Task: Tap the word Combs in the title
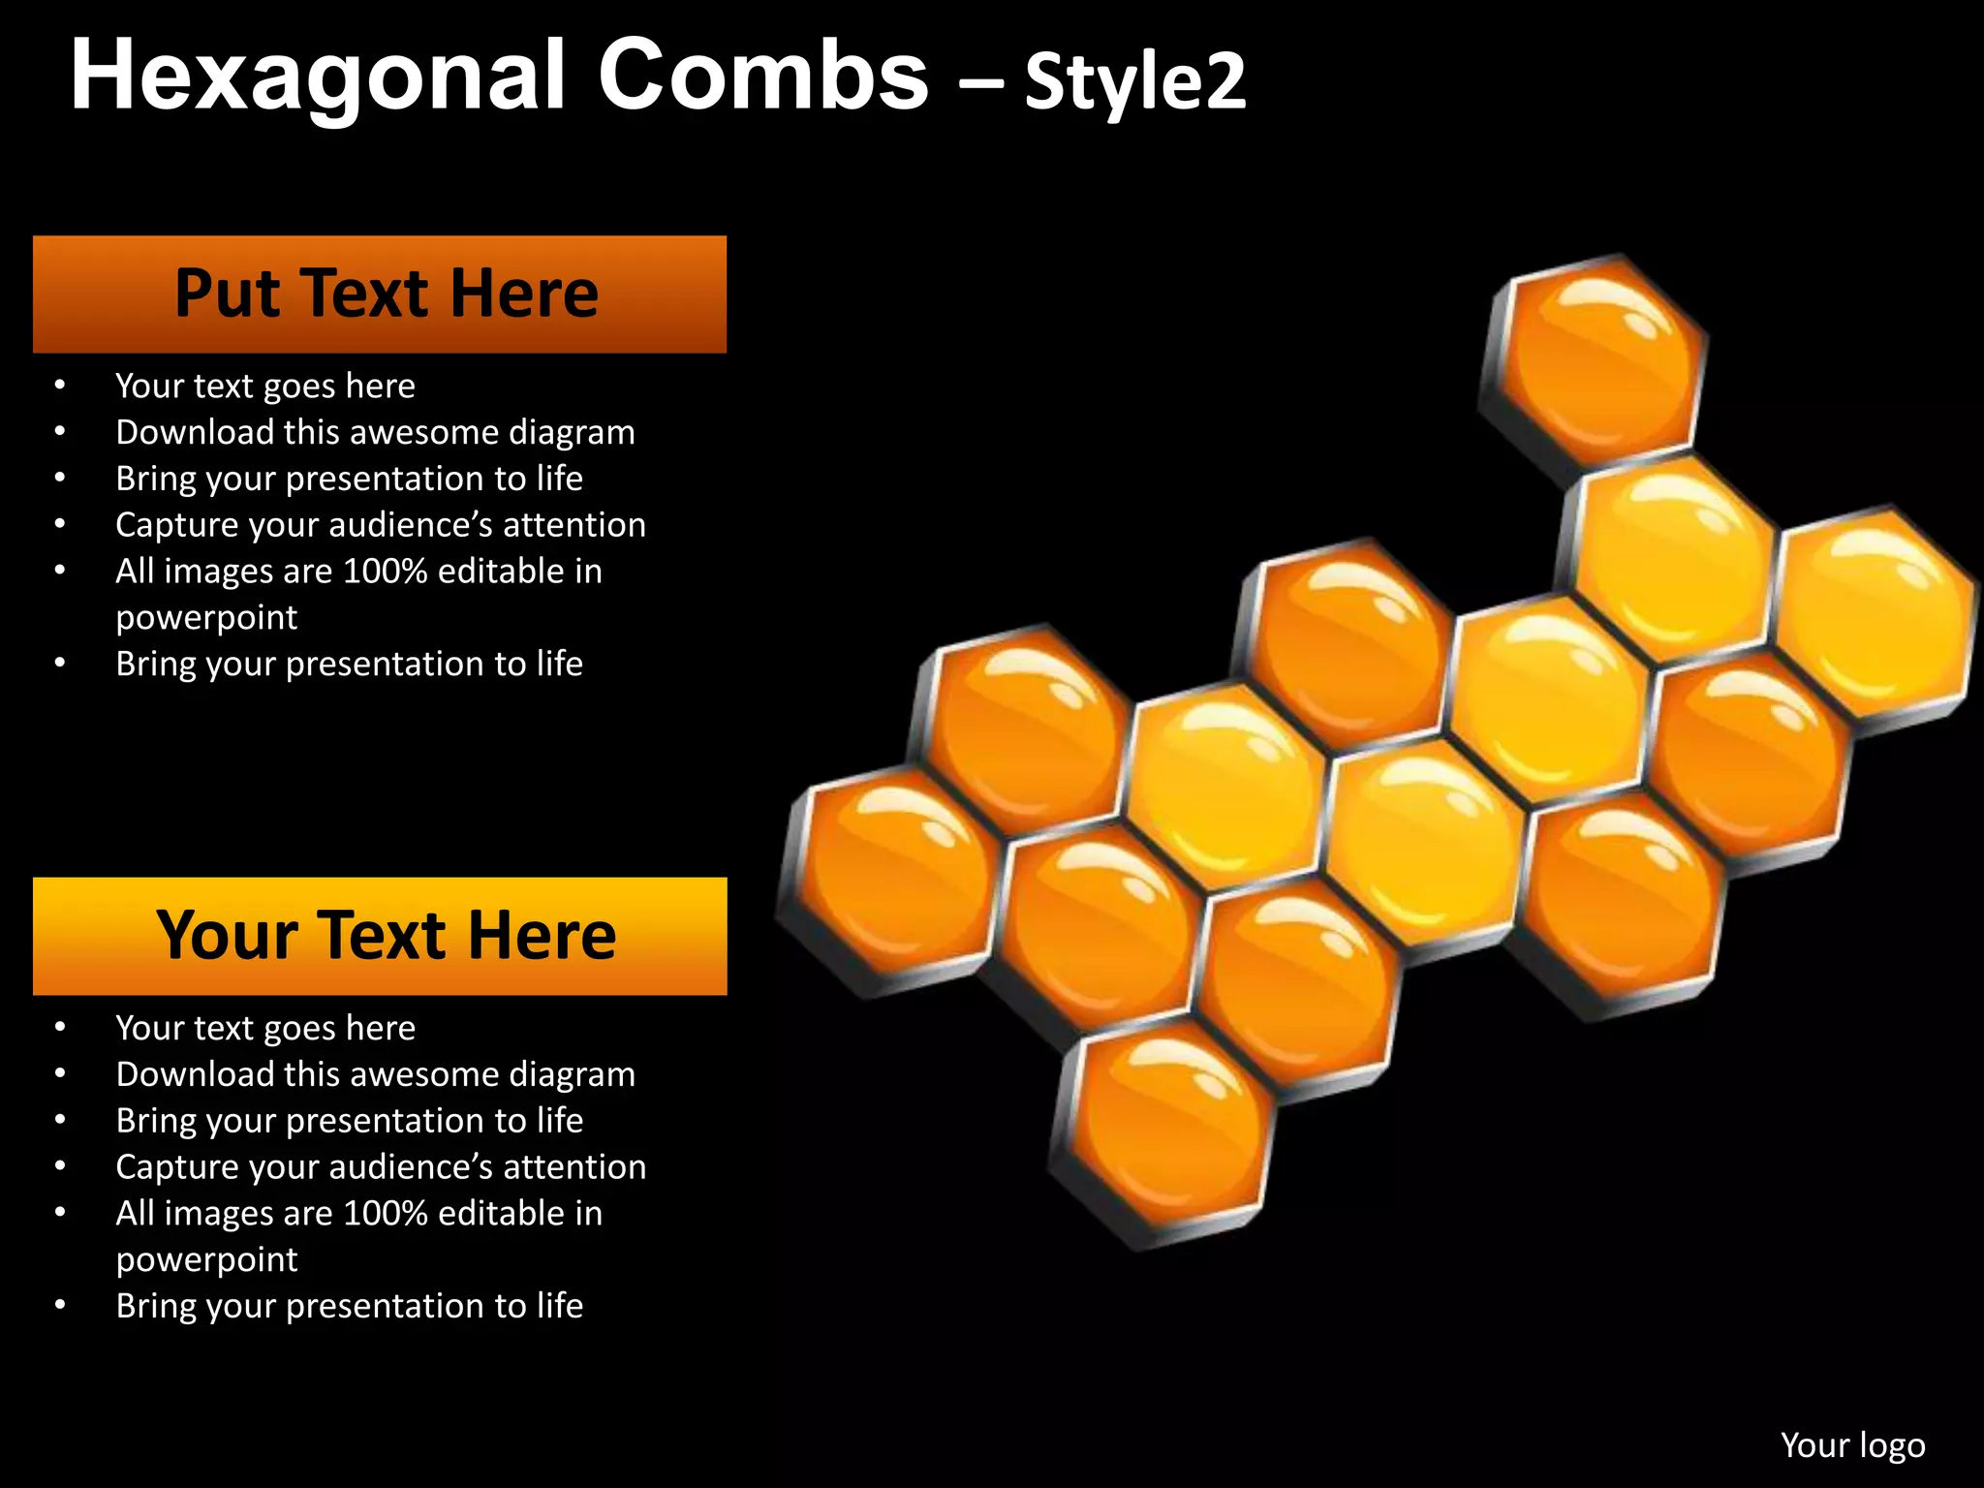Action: point(762,76)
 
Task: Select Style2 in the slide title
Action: point(1134,81)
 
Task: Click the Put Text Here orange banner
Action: point(380,294)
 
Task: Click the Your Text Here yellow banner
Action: point(380,936)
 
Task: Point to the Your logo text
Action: point(1852,1444)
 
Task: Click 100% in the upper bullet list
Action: point(386,572)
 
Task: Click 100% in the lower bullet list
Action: point(386,1214)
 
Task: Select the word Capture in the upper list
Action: point(177,525)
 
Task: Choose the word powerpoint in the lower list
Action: point(206,1260)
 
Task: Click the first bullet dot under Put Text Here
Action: point(60,386)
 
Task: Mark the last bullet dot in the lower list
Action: point(60,1305)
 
